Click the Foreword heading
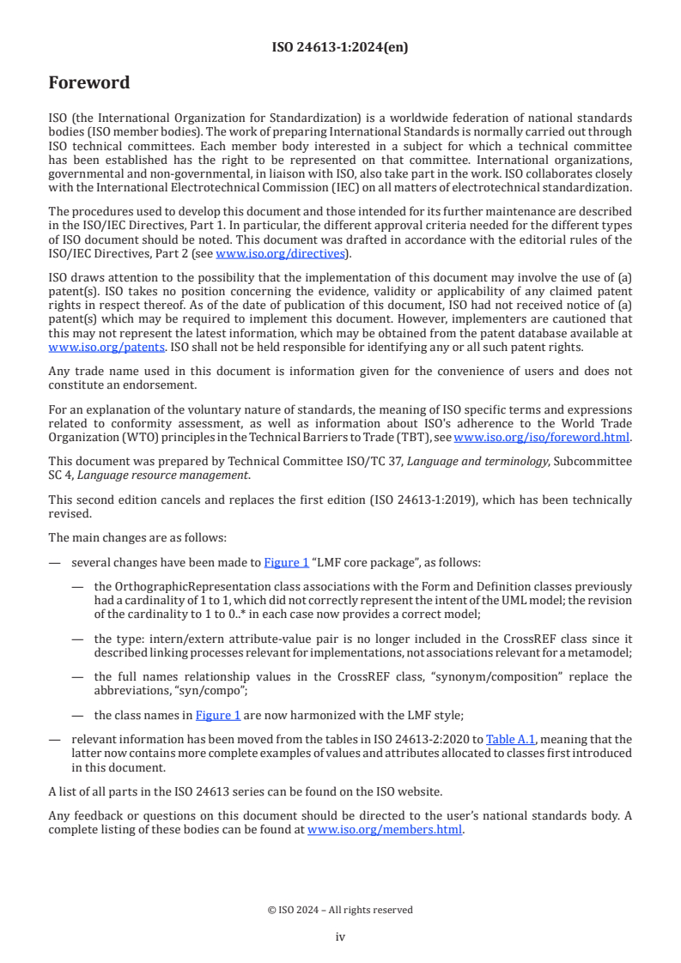[x=89, y=83]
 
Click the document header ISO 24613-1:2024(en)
[x=340, y=47]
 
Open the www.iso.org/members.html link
[x=385, y=830]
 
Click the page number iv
[x=340, y=937]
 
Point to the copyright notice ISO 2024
[x=340, y=910]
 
